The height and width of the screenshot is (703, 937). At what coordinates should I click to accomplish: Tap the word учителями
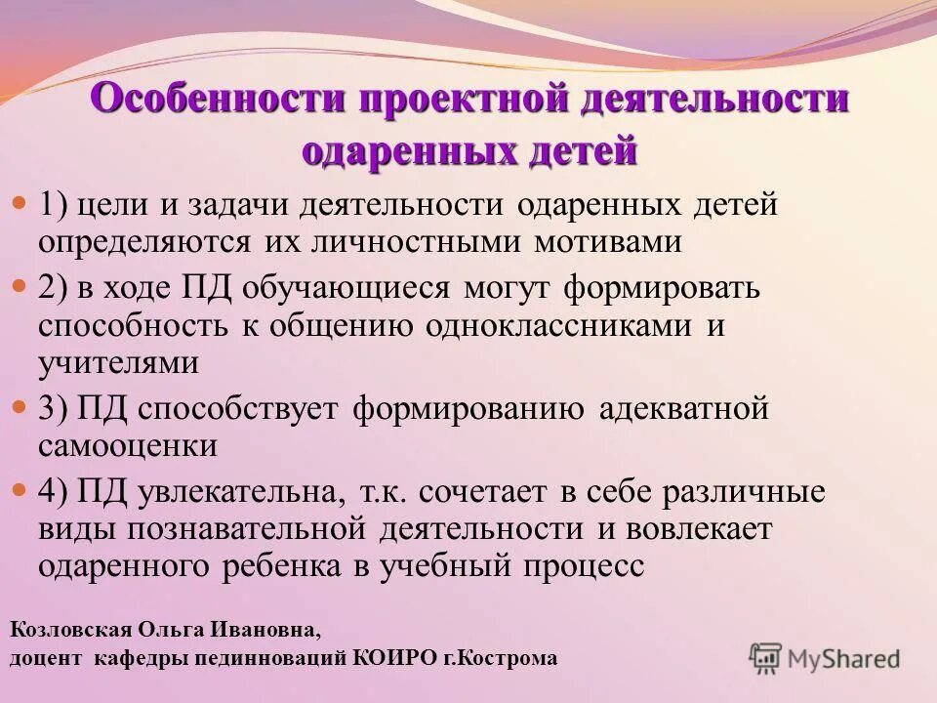click(x=119, y=363)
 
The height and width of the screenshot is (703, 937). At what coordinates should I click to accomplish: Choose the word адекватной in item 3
click(x=679, y=409)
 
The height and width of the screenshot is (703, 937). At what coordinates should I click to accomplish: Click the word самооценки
click(x=128, y=446)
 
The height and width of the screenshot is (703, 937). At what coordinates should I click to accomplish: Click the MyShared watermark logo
click(x=825, y=657)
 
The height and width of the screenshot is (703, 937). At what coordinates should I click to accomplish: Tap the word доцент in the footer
click(x=46, y=658)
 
